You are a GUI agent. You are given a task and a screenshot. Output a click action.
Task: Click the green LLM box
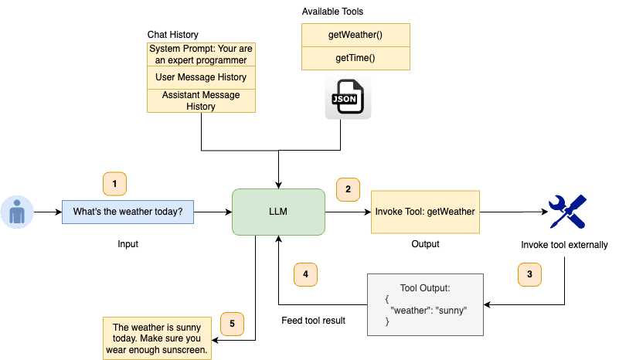(278, 212)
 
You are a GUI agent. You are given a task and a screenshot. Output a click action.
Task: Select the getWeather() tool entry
(355, 35)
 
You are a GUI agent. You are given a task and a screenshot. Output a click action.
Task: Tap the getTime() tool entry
(355, 58)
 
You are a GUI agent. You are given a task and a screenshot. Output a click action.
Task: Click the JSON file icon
(348, 98)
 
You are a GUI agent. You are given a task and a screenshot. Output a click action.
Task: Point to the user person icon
(15, 212)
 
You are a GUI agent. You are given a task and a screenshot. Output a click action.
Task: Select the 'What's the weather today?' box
(128, 212)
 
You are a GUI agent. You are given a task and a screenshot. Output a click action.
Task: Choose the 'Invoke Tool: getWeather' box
(424, 212)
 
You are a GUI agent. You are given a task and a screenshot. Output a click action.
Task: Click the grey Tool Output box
(424, 304)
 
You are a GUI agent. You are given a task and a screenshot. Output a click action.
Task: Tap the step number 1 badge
(114, 184)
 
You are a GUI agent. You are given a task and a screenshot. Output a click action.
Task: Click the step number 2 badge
(348, 188)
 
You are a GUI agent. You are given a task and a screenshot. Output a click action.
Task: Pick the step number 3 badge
(529, 273)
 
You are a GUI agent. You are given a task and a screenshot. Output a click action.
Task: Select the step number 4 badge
(305, 273)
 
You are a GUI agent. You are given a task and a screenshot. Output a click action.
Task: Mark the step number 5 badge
(232, 323)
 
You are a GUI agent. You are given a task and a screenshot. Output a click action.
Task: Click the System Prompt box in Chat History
(201, 54)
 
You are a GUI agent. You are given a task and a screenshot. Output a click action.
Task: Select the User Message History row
(201, 77)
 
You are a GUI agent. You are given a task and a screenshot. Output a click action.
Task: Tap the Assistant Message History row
(201, 100)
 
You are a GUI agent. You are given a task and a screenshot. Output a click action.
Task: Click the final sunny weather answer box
(157, 338)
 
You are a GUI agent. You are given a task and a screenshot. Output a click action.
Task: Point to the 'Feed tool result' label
(312, 321)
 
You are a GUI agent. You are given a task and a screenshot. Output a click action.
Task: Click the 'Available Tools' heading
(332, 12)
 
